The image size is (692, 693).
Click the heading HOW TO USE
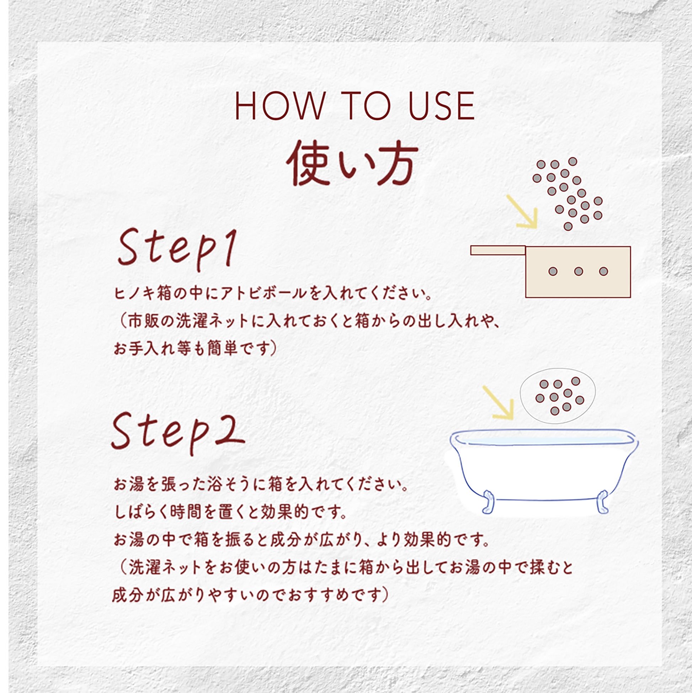[355, 106]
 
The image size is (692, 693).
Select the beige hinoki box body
[577, 271]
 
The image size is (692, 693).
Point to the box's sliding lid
[498, 250]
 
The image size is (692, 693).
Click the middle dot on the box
[578, 271]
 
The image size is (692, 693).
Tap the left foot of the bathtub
[488, 502]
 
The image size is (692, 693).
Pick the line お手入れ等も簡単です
[195, 348]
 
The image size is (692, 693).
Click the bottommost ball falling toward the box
[568, 226]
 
